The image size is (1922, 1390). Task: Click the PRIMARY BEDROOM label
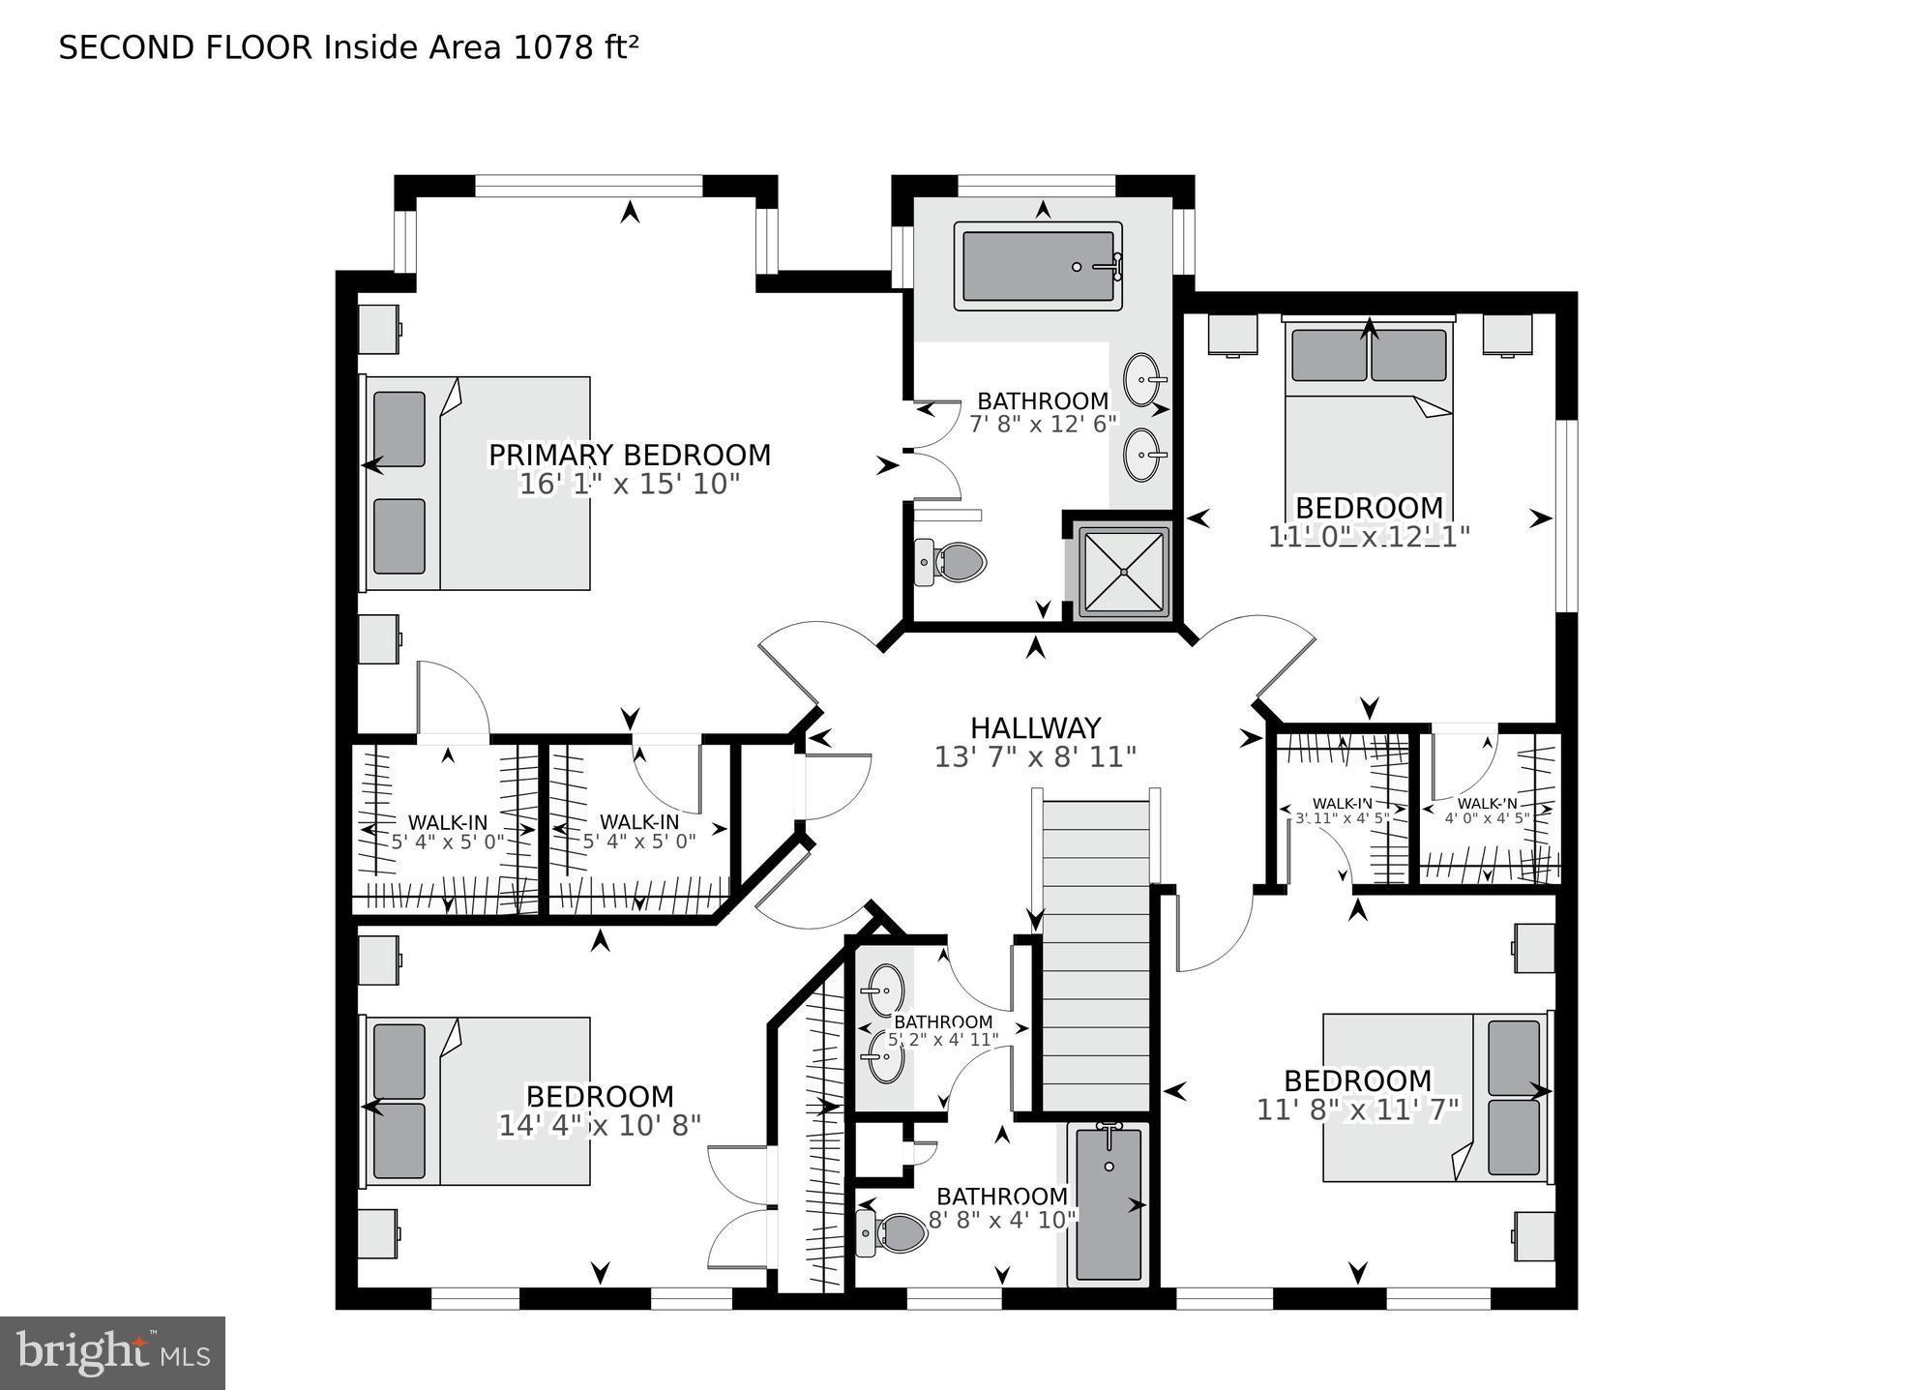[x=629, y=455]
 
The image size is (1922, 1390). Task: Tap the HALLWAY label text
[x=1035, y=727]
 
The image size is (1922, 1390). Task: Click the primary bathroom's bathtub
[x=1038, y=266]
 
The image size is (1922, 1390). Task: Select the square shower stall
[x=1124, y=572]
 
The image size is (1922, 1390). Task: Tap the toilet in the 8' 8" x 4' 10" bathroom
[x=893, y=1233]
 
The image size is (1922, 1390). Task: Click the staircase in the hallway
[x=1097, y=953]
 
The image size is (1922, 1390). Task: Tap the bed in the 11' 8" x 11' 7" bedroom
[x=1434, y=1098]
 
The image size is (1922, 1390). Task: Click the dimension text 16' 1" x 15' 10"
[x=629, y=484]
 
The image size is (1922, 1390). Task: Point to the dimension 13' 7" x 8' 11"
[x=1035, y=756]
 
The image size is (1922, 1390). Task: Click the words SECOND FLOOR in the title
[x=186, y=47]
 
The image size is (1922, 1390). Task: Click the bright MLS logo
[x=112, y=1352]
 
